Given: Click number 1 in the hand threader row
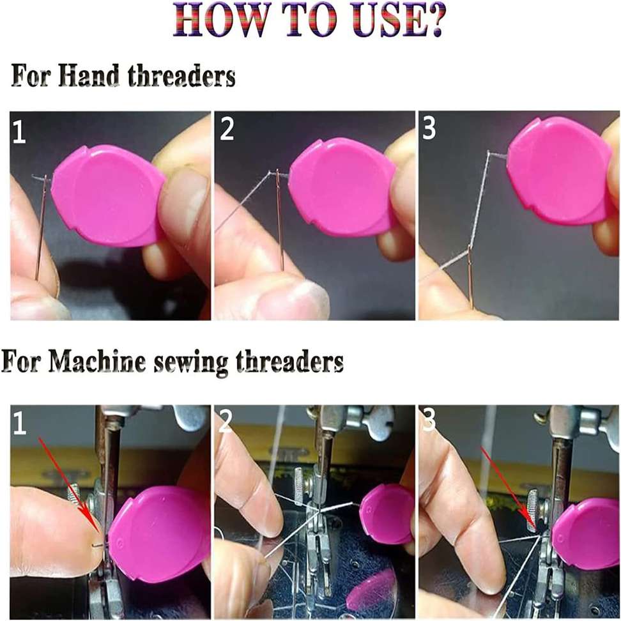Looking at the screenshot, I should click(19, 132).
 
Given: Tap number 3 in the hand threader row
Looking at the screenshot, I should click(429, 128).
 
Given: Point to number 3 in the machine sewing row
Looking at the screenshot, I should click(429, 422).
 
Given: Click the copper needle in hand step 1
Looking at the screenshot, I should click(42, 230).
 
